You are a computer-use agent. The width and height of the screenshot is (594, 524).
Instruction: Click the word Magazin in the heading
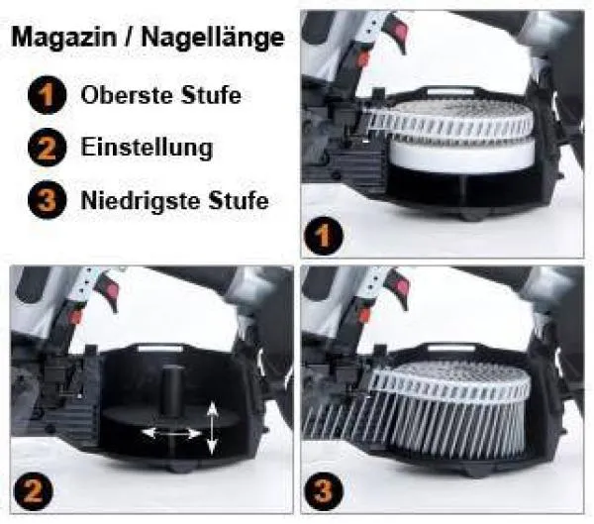point(57,41)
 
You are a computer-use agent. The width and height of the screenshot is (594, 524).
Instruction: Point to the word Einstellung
point(146,149)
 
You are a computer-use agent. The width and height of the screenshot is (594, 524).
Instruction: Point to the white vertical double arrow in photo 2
point(212,429)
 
